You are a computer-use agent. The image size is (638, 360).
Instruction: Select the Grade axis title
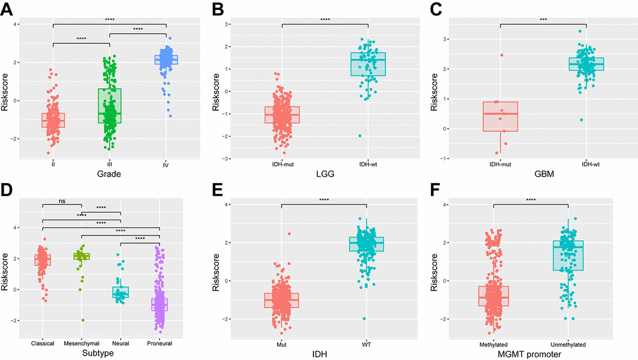point(109,174)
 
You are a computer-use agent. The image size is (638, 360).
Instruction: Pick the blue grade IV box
point(166,59)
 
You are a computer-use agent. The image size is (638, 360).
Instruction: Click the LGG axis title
point(325,174)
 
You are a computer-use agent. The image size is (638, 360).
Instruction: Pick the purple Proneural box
point(159,304)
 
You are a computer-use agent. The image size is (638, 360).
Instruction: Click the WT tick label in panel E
point(368,342)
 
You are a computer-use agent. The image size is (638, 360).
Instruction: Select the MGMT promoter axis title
point(531,353)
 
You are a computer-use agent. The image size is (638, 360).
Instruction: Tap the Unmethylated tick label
point(568,342)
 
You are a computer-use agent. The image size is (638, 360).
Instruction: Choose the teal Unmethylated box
point(568,255)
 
